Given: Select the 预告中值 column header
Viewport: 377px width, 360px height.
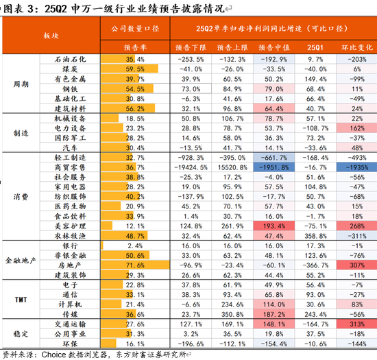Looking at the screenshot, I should point(271,49).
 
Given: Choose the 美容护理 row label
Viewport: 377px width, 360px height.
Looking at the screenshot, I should point(73,225).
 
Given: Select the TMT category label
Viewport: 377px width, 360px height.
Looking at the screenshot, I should point(21,299).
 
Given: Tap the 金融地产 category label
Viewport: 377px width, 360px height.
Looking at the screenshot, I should point(21,260).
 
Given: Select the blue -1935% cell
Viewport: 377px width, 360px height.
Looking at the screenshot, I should point(357,167).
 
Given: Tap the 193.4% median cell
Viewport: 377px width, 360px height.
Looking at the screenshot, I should point(271,225).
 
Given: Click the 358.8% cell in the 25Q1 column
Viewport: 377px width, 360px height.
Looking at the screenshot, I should point(315,235).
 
